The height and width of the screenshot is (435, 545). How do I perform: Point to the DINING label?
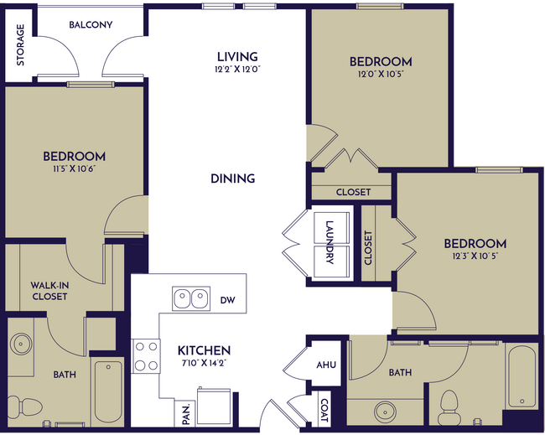click(233, 179)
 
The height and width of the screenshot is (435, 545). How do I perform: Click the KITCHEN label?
click(204, 350)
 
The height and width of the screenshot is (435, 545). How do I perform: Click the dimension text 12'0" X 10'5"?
click(380, 75)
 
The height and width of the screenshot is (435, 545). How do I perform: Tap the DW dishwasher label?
click(227, 299)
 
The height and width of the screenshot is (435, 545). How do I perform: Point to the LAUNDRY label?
click(330, 242)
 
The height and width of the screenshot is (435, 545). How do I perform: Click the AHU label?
click(326, 365)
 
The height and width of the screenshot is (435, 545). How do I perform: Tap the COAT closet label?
click(324, 410)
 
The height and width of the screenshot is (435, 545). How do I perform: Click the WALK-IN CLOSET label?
click(49, 290)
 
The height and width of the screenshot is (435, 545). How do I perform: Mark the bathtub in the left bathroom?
click(108, 392)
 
